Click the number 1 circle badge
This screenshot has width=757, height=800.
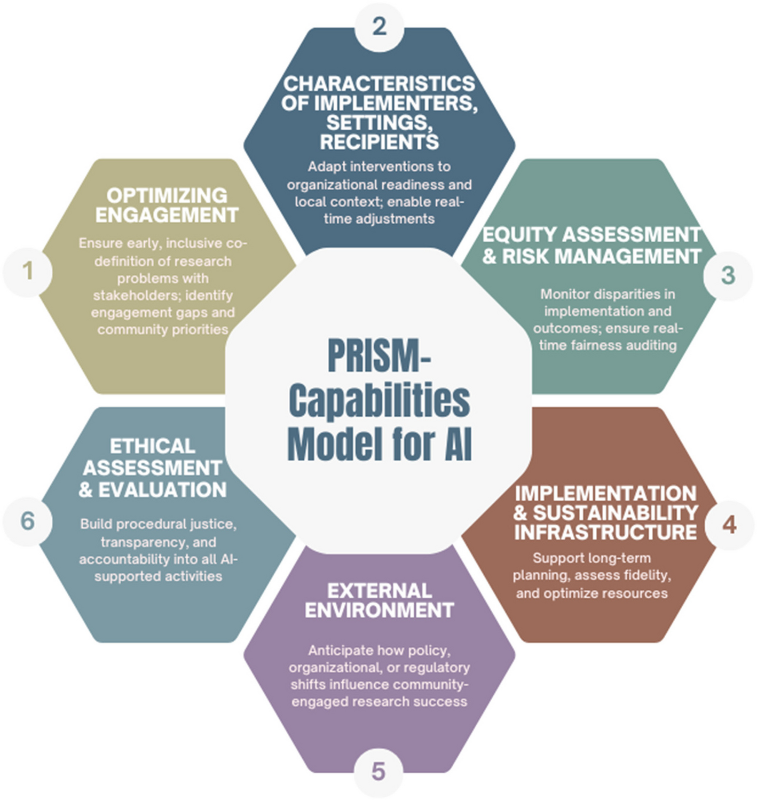coord(28,272)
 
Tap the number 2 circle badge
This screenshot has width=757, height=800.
coord(379,27)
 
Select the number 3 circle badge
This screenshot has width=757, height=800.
coord(728,276)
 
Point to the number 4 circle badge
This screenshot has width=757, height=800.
coord(729,525)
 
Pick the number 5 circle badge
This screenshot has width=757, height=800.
coord(378,772)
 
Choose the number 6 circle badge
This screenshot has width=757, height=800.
coord(28,521)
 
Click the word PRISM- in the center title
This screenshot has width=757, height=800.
coord(379,357)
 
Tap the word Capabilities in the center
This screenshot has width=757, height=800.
coord(379,401)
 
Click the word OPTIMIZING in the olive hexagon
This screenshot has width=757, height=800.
coord(167,196)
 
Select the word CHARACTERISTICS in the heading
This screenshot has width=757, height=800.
coord(380,84)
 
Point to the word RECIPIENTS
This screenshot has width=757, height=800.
coord(380,142)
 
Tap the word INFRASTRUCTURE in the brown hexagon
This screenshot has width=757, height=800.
coord(605,532)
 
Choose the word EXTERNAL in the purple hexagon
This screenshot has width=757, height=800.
coord(380,591)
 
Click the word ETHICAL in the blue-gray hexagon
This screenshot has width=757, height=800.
coord(153,446)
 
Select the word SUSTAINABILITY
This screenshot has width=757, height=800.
coord(616,513)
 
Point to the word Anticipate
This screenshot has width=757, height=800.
coord(341,651)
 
